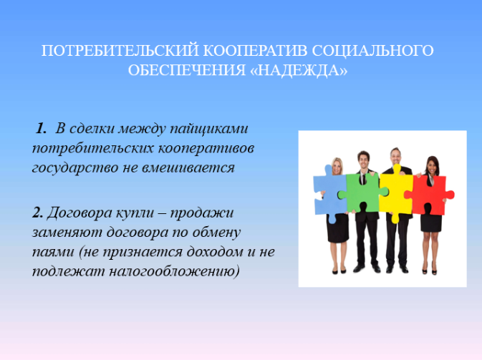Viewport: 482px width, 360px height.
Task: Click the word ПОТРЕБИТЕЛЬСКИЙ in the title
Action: (x=120, y=51)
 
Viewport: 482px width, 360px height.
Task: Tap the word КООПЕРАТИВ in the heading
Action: (x=255, y=51)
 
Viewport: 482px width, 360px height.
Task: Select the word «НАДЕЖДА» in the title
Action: (x=299, y=70)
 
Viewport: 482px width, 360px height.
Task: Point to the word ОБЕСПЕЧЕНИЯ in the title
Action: (x=187, y=70)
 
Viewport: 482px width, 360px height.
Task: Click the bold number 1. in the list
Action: (x=41, y=128)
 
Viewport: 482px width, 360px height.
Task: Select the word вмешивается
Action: (x=188, y=167)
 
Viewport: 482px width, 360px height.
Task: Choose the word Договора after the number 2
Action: (x=79, y=213)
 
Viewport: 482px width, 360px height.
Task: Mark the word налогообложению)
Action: (x=174, y=271)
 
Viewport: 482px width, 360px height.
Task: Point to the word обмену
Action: (x=216, y=232)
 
